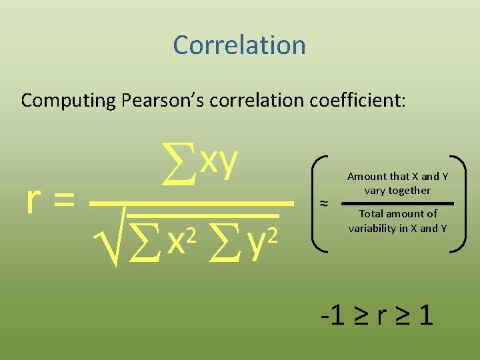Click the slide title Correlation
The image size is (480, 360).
[239, 45]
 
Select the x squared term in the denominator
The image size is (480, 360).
[180, 241]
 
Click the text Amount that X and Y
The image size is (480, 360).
[397, 177]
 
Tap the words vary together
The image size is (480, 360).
[397, 191]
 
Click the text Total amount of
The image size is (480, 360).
[398, 214]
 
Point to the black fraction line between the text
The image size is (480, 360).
[397, 203]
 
